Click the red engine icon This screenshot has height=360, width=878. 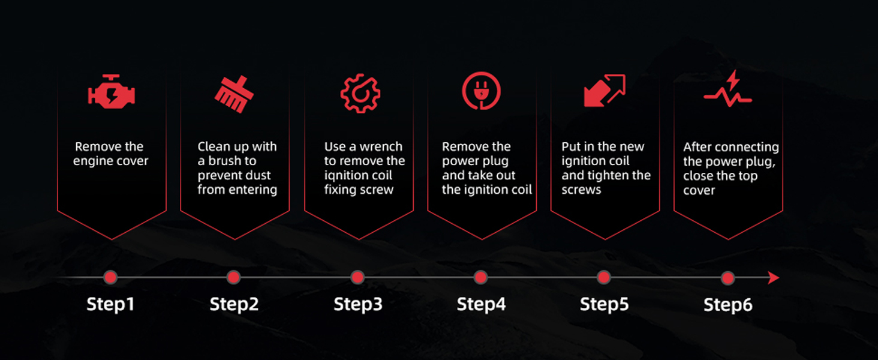point(112,93)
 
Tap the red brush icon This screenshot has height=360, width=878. point(234,94)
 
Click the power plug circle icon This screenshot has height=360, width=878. point(481,91)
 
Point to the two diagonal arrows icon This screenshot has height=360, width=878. point(605,91)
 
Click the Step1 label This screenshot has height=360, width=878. point(110,304)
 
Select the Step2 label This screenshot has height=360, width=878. point(234,304)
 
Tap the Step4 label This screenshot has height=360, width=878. point(481,304)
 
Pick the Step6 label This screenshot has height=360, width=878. point(727,304)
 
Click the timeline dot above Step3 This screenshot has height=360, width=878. point(357,277)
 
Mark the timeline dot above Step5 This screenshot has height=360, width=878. point(604,277)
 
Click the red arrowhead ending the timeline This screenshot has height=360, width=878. point(773,278)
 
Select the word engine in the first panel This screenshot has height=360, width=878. point(92,161)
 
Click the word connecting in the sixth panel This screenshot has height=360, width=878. point(747,147)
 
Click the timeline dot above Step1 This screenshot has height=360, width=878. point(110,277)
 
